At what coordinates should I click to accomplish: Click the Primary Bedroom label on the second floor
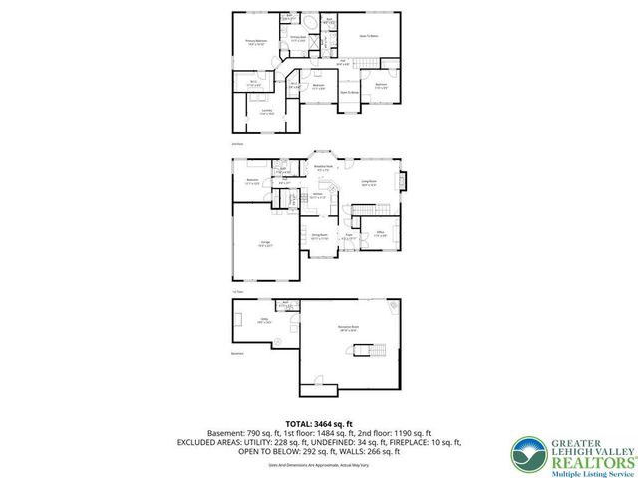[256, 42]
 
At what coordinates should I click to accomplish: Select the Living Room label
[369, 183]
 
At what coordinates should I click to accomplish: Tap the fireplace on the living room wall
[402, 181]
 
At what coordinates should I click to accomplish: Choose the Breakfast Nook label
[324, 169]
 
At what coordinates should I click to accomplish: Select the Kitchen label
[316, 196]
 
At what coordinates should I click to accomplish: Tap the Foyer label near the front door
[350, 238]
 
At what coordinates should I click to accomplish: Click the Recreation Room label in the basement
[348, 329]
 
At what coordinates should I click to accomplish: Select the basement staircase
[378, 350]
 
